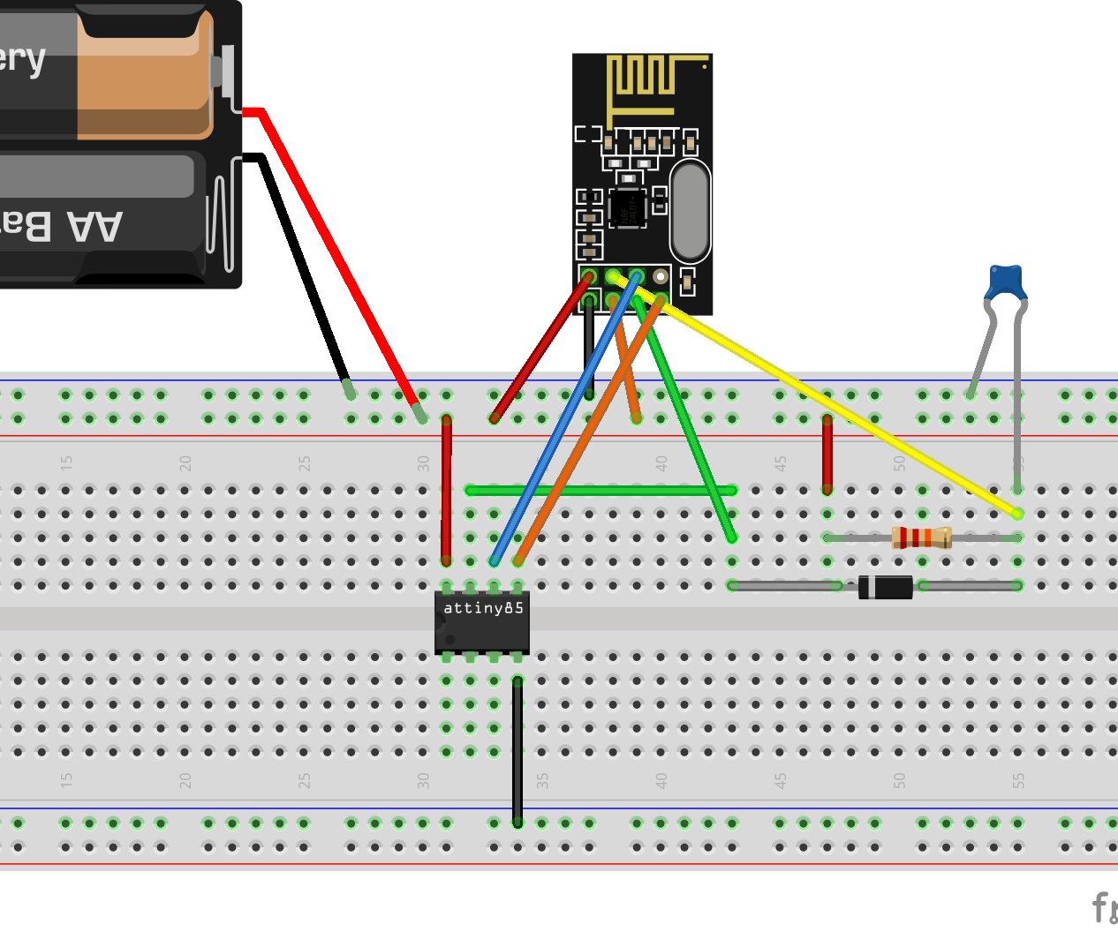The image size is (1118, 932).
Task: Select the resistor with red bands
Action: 921,537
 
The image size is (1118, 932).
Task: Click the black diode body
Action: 886,586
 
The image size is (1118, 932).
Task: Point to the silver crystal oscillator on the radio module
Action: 690,211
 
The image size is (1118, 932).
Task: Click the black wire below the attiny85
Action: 517,750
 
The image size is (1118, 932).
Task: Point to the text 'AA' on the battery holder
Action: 95,227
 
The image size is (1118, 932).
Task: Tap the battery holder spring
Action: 223,216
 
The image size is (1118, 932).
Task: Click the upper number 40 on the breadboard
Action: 661,462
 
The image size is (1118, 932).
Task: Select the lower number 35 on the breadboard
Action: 542,781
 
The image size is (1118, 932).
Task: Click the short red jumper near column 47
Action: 827,455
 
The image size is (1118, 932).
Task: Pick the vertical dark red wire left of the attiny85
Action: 447,490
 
